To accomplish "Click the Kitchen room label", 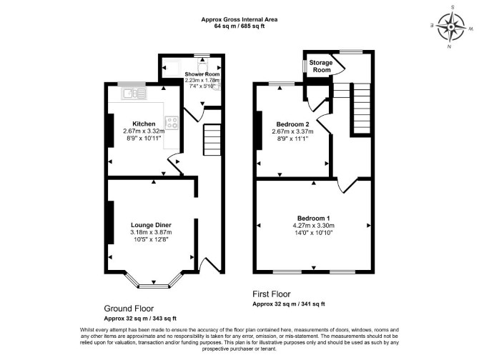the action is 144,124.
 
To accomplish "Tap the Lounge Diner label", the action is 151,225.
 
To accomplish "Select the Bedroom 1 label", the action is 313,219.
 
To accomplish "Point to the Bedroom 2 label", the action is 292,124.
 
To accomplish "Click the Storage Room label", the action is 321,66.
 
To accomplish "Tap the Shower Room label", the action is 202,74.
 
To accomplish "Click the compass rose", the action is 451,27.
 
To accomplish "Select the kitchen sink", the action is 134,94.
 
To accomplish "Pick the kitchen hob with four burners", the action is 172,123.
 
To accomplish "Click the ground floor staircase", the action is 212,140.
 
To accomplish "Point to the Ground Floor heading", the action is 129,309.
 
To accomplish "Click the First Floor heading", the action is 271,294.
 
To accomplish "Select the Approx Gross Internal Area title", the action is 239,19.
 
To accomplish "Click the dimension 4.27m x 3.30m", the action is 313,226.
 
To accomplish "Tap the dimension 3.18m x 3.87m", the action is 151,232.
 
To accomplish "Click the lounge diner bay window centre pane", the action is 154,286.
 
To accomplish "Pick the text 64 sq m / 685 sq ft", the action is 239,26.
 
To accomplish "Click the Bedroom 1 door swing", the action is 347,185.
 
